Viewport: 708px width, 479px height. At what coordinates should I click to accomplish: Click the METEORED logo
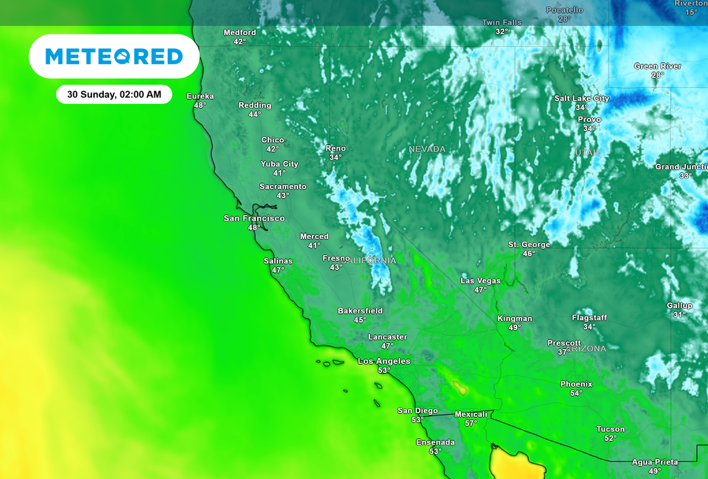114,56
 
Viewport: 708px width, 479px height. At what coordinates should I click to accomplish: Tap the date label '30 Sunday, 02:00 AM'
114,94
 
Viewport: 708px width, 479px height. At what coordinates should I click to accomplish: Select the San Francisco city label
254,218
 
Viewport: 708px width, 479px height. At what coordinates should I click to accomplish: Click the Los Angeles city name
384,361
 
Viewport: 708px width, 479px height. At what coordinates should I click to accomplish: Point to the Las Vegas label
481,281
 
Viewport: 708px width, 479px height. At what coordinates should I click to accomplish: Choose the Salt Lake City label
581,98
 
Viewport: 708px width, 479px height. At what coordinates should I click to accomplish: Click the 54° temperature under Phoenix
576,393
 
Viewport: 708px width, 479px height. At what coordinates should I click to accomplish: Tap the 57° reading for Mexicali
471,423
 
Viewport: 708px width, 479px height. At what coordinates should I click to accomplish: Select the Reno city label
335,149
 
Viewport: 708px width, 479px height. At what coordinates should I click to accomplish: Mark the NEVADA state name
427,149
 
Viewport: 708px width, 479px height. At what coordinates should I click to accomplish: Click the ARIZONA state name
586,349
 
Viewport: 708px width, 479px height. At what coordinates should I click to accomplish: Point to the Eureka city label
200,96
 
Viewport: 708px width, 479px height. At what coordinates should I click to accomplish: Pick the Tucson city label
611,429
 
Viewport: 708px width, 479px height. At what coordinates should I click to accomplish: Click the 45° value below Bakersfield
360,320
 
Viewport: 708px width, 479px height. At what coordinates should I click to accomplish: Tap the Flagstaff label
589,318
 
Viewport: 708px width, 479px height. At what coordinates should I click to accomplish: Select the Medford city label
239,32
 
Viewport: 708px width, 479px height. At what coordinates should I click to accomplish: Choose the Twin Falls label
501,23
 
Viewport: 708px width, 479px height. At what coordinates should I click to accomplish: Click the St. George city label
529,245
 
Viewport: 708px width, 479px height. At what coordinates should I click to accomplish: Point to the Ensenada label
435,442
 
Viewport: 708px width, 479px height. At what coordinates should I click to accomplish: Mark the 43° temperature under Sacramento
282,196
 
